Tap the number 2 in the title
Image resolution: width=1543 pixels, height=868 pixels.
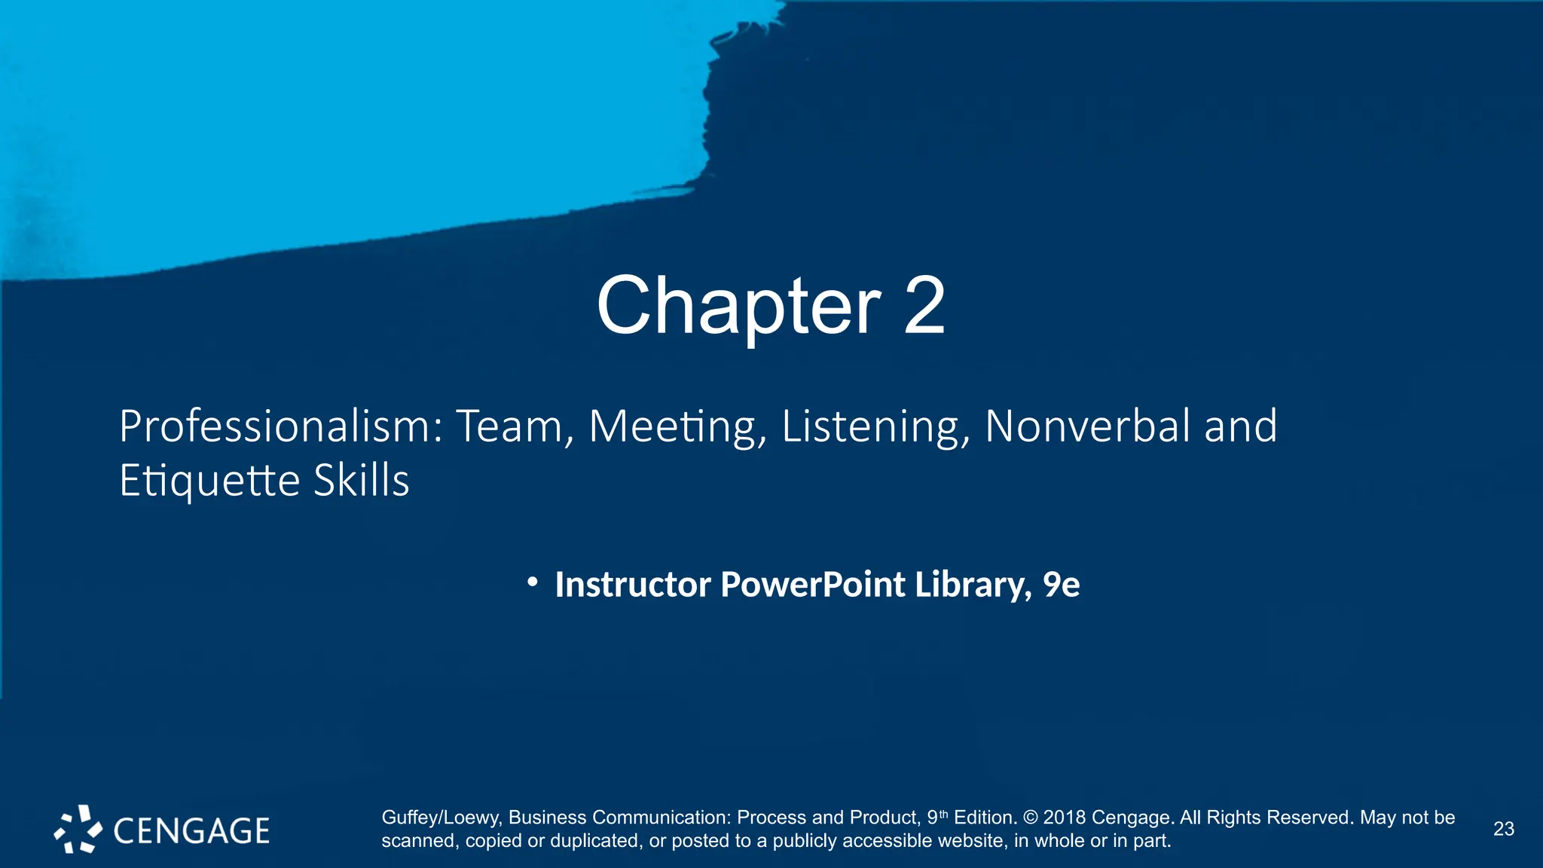[x=924, y=306]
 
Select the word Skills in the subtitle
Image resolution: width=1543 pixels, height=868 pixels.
[x=362, y=480]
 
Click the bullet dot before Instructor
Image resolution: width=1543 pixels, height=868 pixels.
[x=533, y=582]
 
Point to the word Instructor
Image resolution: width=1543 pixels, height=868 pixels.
[x=633, y=585]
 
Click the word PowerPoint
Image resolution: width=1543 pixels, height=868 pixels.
[x=813, y=585]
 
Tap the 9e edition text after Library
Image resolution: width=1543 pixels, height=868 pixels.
[x=1062, y=585]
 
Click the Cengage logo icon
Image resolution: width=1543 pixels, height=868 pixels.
[x=78, y=829]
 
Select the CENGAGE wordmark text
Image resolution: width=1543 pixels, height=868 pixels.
[x=191, y=830]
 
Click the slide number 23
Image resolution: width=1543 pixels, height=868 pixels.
[x=1503, y=829]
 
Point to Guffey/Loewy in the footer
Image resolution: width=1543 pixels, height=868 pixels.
[x=440, y=818]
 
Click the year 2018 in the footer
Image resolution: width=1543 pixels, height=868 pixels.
[x=1065, y=818]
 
